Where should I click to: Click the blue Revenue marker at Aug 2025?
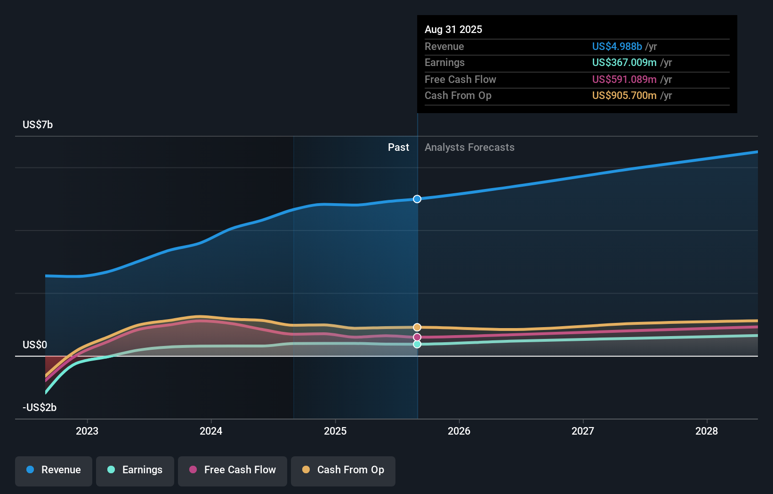417,199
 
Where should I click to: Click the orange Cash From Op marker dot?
417,327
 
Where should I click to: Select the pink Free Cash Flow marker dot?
417,337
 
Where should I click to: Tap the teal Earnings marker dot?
417,344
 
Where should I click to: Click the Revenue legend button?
54,470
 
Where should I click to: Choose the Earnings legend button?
135,470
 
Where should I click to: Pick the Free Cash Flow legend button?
233,470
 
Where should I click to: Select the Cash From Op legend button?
343,470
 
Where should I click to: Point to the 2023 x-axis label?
87,431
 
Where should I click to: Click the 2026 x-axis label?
459,431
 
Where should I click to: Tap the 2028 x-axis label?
707,431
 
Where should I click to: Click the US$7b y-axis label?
38,124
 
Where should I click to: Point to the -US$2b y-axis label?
40,407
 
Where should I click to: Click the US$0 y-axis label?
35,345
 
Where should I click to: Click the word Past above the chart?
398,147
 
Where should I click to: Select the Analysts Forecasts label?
469,147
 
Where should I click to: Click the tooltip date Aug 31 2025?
453,29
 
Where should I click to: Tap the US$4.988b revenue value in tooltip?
617,46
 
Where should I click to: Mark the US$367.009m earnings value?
624,62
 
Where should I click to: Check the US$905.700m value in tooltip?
624,95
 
